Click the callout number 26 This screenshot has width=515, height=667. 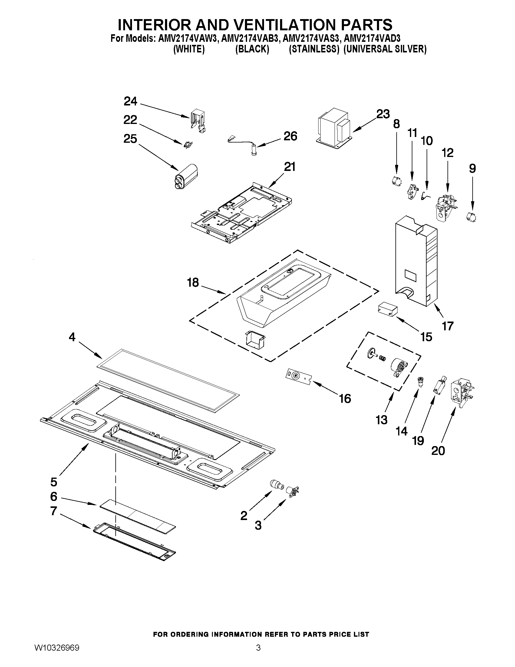pyautogui.click(x=290, y=136)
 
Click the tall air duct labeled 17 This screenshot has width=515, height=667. pyautogui.click(x=416, y=262)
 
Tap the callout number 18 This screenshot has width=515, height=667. pyautogui.click(x=193, y=282)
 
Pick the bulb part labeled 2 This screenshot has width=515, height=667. pyautogui.click(x=276, y=485)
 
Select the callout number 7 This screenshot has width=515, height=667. pyautogui.click(x=54, y=511)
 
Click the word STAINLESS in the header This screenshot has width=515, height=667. pyautogui.click(x=314, y=49)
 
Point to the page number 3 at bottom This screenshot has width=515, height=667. pyautogui.click(x=258, y=655)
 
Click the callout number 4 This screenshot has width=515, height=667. pyautogui.click(x=72, y=337)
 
